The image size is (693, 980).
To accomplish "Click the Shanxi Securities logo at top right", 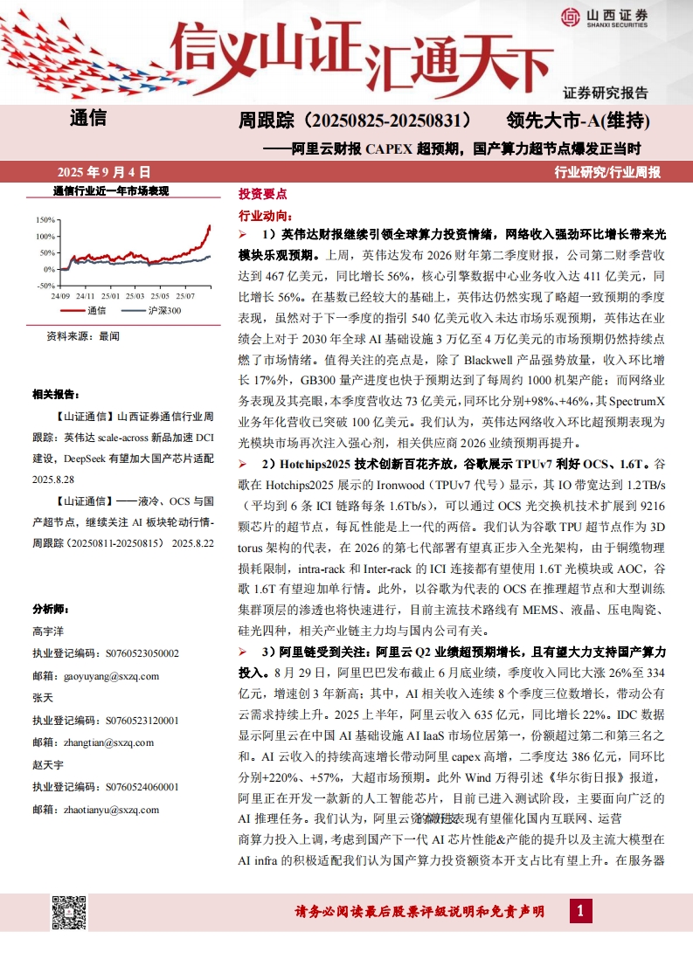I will point(602,16).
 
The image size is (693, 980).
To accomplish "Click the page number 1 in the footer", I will point(579,912).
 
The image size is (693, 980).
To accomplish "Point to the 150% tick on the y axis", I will point(45,220).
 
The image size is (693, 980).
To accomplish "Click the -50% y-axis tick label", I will point(45,285).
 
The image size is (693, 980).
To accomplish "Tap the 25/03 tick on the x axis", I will point(135,296).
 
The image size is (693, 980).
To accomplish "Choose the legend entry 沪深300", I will point(163,310).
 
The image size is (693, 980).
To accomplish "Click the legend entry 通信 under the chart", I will point(96,310).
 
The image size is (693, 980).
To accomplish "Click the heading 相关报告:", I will point(56,394).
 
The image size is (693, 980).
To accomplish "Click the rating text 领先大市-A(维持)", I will point(579,119).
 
